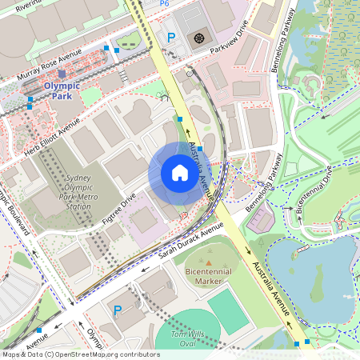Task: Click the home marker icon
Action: (x=179, y=173)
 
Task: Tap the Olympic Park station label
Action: (x=62, y=90)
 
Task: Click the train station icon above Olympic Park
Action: (x=62, y=74)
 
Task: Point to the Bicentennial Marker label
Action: (x=210, y=277)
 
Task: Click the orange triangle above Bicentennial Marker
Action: (x=210, y=262)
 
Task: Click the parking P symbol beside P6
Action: (x=170, y=37)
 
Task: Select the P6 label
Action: (x=164, y=4)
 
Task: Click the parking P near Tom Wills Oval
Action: (x=118, y=310)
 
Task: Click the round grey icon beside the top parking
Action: (x=199, y=37)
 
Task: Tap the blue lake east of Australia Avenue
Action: (x=312, y=272)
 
